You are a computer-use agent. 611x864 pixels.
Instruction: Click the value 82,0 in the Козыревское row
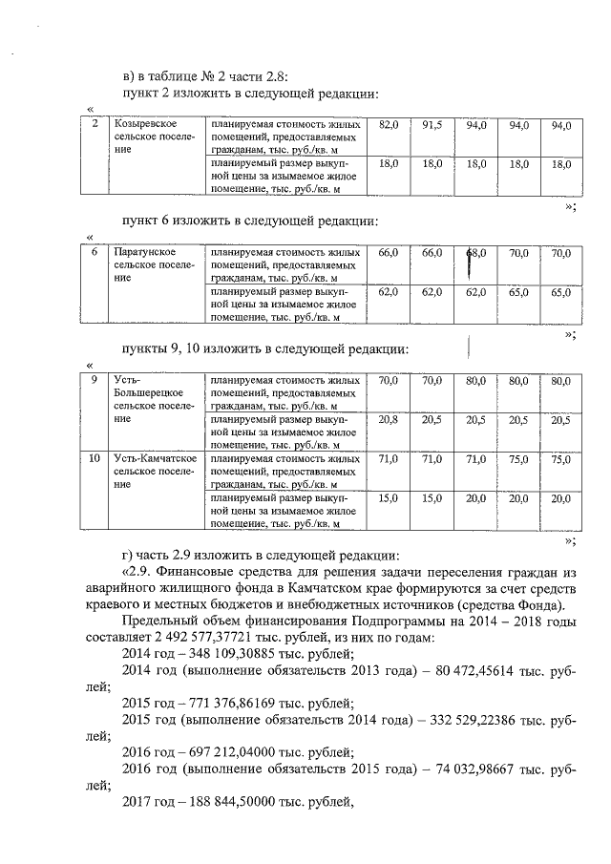389,126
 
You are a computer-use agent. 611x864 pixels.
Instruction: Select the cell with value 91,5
432,126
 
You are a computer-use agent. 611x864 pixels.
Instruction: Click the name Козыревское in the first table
142,126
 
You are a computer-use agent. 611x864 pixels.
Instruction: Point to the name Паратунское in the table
142,252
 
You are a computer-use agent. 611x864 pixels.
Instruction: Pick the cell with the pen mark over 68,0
475,253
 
